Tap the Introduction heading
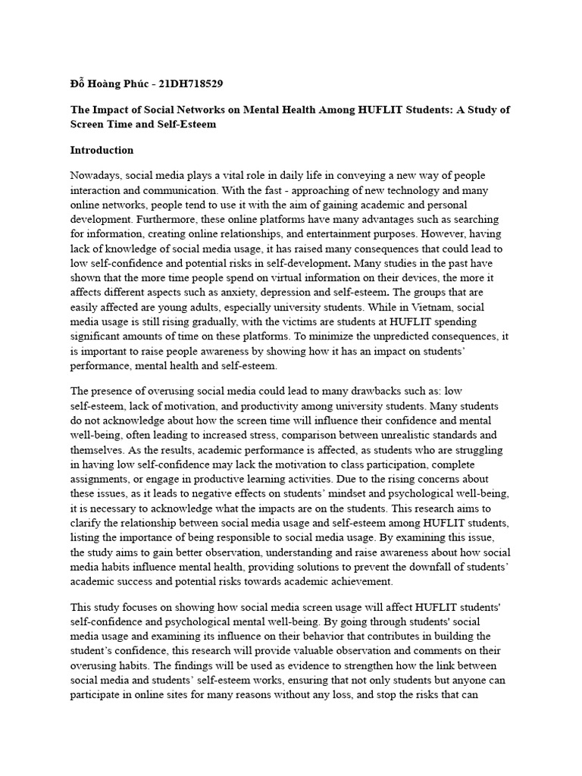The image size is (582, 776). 102,150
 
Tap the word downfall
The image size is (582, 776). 403,566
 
